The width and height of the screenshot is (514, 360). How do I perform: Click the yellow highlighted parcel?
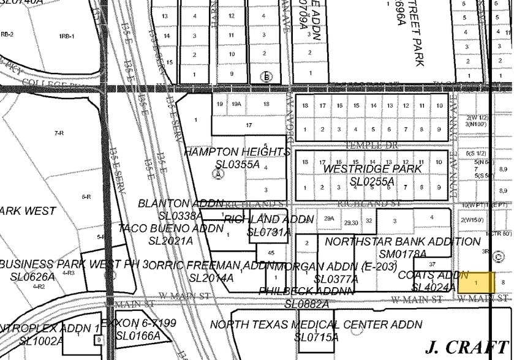tap(476, 281)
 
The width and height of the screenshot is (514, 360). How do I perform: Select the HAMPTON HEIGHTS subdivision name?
tap(236, 152)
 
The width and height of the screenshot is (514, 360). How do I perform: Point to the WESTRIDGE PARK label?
tap(372, 168)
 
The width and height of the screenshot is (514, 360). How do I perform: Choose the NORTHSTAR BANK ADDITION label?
tap(403, 242)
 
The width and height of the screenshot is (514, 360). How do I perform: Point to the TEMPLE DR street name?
tap(367, 145)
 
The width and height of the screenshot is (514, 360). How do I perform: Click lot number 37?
tap(432, 264)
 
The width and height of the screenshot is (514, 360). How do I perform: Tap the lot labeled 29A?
tap(329, 218)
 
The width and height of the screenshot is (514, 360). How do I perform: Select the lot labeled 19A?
tap(236, 104)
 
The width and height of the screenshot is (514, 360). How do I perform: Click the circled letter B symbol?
tap(265, 77)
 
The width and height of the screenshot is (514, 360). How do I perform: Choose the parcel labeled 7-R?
tap(59, 132)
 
